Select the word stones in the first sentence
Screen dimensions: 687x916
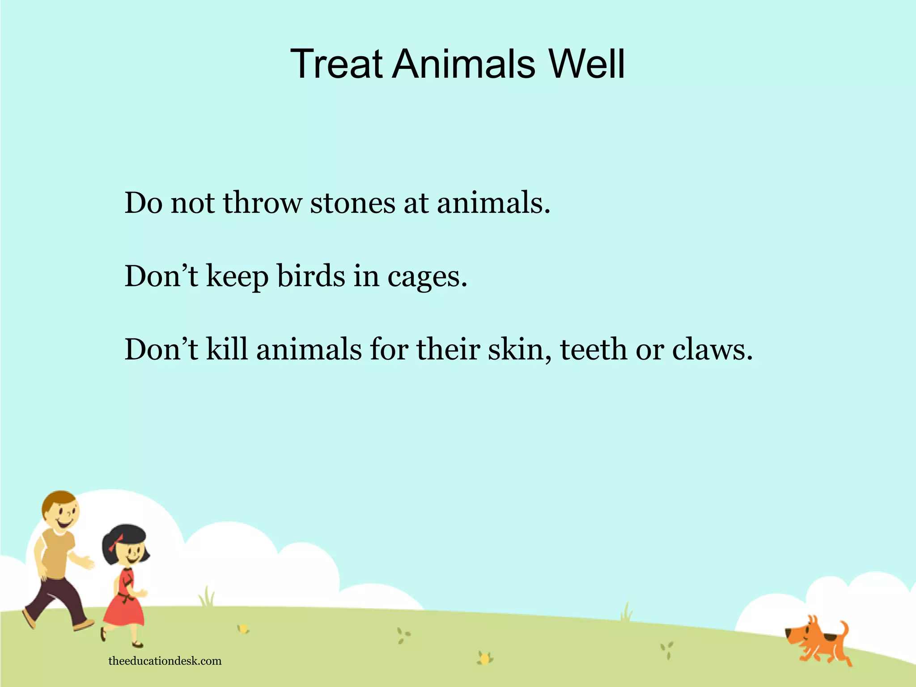click(x=353, y=203)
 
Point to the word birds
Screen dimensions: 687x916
click(x=311, y=276)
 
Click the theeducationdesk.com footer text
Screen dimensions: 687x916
click(x=165, y=661)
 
